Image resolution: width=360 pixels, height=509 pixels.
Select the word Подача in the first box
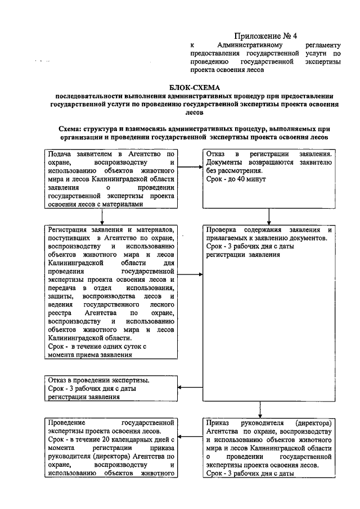pos(61,154)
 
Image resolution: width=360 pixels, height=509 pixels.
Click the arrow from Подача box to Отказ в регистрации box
pos(191,166)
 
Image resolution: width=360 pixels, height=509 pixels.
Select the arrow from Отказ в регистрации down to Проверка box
pos(269,216)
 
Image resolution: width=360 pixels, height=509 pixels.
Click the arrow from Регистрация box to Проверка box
pos(191,275)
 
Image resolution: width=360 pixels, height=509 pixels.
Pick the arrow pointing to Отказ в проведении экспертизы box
pos(191,387)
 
